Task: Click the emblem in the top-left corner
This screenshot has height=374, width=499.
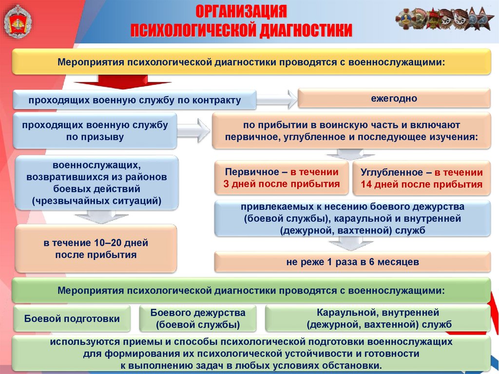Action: [x=18, y=22]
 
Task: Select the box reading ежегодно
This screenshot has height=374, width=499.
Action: [x=394, y=98]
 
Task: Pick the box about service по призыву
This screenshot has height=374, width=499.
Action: [x=95, y=131]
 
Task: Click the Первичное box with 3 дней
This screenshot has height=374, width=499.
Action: [x=282, y=178]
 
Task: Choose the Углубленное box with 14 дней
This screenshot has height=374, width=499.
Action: [x=422, y=178]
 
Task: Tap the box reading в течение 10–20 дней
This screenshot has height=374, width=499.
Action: [x=96, y=248]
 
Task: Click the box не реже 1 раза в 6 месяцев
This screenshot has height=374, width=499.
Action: [x=352, y=262]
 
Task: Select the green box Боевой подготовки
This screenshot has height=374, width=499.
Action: [x=72, y=319]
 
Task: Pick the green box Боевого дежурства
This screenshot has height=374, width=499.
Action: [x=198, y=319]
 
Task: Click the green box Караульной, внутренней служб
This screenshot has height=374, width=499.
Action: [x=378, y=319]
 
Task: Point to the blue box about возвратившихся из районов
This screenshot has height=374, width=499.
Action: [x=97, y=182]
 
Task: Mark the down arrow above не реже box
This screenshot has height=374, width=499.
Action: [x=353, y=242]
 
